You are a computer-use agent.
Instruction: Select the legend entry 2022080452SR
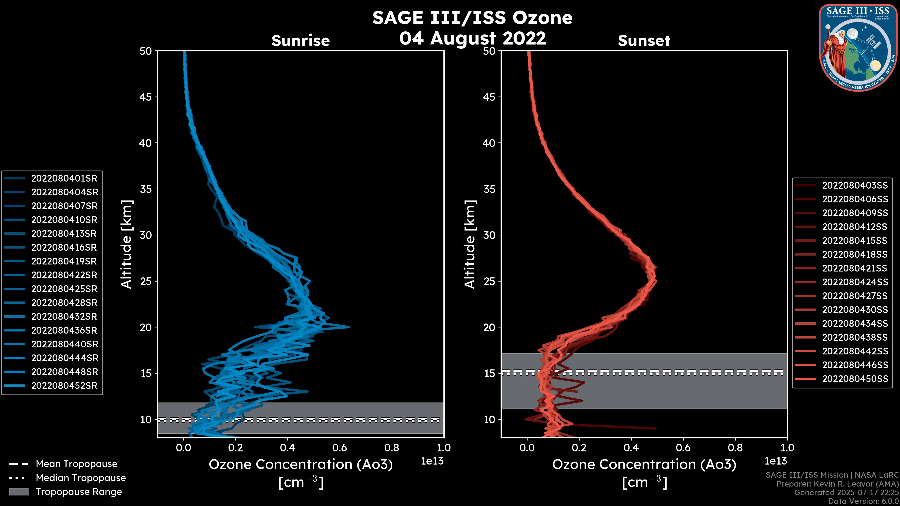pyautogui.click(x=64, y=386)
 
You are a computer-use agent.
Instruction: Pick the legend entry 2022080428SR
pyautogui.click(x=64, y=303)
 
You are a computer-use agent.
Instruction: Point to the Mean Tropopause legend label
pyautogui.click(x=76, y=464)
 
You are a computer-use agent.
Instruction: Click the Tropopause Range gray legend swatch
pyautogui.click(x=19, y=492)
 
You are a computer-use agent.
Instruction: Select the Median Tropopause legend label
pyautogui.click(x=81, y=478)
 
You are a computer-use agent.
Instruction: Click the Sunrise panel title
pyautogui.click(x=300, y=41)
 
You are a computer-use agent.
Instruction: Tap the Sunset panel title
pyautogui.click(x=644, y=41)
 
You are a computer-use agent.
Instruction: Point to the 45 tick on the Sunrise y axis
pyautogui.click(x=146, y=97)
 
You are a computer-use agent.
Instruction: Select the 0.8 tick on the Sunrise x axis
pyautogui.click(x=391, y=448)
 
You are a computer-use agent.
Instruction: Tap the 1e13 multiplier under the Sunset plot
pyautogui.click(x=776, y=461)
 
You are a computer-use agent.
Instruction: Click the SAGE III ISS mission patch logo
pyautogui.click(x=858, y=48)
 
